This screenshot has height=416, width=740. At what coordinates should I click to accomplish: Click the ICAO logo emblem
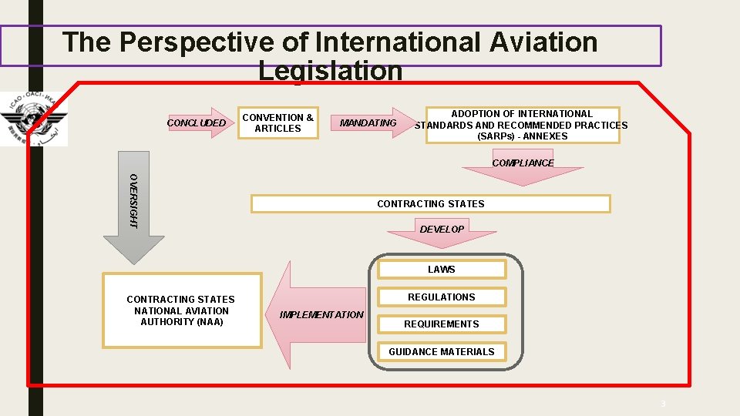tap(34, 119)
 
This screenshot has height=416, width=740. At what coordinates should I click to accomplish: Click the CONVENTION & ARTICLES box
tap(278, 123)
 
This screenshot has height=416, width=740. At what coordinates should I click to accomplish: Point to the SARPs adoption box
tap(522, 125)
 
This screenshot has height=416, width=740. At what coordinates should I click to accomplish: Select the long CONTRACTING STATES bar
tap(431, 204)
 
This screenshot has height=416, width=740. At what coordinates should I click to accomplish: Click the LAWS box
tap(442, 270)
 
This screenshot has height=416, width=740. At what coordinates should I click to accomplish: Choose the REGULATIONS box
tap(442, 297)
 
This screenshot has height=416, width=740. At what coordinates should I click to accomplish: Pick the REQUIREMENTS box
tap(442, 324)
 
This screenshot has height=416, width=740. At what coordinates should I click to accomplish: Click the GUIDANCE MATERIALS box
tap(442, 352)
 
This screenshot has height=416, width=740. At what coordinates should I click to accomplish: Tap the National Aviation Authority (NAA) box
tap(181, 310)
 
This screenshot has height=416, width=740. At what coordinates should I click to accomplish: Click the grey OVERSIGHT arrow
tap(134, 208)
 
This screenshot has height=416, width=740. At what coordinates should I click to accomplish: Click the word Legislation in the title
tap(331, 71)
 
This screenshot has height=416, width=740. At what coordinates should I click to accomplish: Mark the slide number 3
tap(662, 404)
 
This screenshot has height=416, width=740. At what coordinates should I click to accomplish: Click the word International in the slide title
tap(396, 42)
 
